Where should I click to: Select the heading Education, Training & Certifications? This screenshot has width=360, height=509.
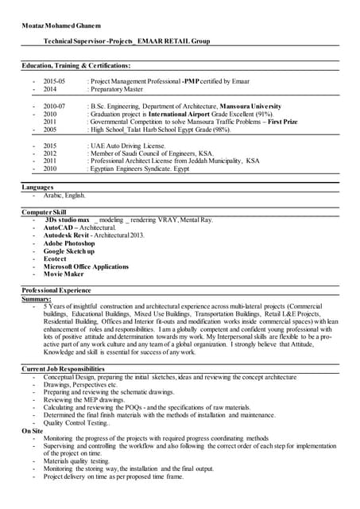click(76, 65)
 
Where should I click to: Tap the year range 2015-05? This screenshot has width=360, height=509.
click(54, 81)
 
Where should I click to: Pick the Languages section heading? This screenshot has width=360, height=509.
click(38, 186)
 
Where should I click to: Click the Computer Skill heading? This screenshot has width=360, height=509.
click(44, 212)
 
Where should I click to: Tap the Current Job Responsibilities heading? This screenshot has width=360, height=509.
click(63, 369)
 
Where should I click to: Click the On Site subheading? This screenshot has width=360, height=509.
click(32, 430)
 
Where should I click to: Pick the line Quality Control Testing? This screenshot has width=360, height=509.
click(77, 423)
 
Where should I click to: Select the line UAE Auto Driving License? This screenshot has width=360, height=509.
click(127, 146)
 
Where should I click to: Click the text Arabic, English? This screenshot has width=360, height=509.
click(64, 195)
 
